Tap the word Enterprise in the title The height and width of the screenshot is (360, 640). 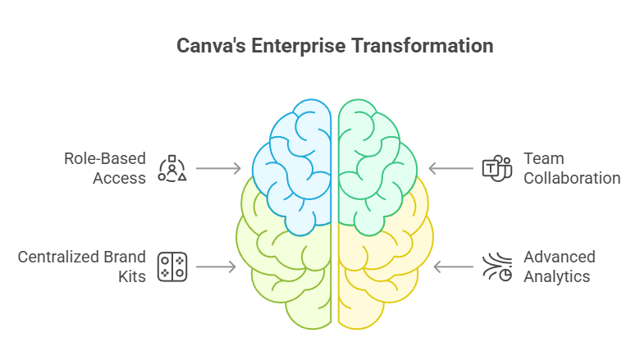click(299, 45)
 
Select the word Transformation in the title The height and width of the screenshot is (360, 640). click(423, 45)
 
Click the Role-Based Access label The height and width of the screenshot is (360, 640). click(105, 167)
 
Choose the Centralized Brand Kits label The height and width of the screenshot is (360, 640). click(82, 267)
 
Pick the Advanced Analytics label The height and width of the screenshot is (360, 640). click(557, 267)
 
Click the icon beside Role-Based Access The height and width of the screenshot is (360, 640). click(172, 168)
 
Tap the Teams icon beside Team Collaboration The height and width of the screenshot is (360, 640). click(496, 168)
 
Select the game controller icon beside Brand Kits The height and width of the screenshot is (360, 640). click(172, 267)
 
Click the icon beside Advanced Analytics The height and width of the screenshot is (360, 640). click(496, 267)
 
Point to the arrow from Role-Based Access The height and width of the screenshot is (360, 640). click(219, 169)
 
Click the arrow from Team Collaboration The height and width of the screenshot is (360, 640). click(449, 169)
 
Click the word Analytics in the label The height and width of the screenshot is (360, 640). click(557, 276)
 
